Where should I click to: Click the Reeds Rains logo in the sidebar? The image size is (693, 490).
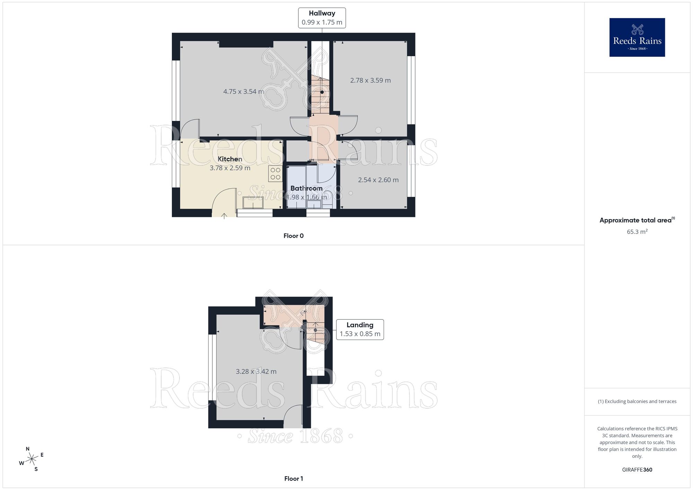tap(637, 37)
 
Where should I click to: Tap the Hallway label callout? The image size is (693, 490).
tap(322, 18)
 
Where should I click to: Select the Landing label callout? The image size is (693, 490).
tap(360, 330)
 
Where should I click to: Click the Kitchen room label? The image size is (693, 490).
tap(230, 159)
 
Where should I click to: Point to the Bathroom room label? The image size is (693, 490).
tap(306, 189)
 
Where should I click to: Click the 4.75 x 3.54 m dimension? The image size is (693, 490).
tap(243, 92)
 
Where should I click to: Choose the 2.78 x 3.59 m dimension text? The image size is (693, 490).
tap(370, 80)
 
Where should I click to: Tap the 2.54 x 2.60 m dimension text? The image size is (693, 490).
tap(378, 180)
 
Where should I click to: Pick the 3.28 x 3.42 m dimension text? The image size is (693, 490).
tap(256, 371)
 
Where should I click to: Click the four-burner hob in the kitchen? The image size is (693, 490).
tap(275, 174)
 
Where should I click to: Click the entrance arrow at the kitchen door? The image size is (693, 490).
tap(224, 216)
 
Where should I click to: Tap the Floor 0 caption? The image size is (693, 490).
tap(293, 236)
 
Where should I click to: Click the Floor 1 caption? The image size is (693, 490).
tap(293, 479)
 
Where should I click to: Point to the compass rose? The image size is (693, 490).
tap(32, 459)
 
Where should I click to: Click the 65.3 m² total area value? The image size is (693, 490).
tap(637, 232)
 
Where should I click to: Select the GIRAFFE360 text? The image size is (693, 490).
tap(637, 470)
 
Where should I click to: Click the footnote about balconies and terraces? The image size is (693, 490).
tap(637, 401)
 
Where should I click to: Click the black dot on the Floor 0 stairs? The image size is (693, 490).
tap(322, 92)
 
